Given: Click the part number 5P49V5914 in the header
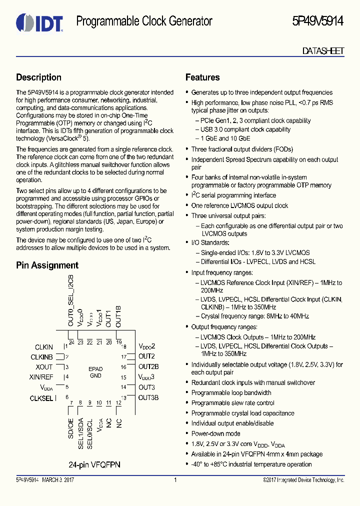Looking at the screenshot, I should click(318, 21).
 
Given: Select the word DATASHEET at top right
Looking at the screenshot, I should click(323, 51).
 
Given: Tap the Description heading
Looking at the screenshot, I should click(38, 77).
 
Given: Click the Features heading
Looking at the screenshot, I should click(202, 77).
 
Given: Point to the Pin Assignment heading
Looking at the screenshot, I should click(47, 265).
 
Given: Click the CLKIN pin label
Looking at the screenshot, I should click(44, 347).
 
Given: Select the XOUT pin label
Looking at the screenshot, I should click(44, 367).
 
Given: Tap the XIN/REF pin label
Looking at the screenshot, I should click(41, 377).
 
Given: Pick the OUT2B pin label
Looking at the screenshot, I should click(148, 366).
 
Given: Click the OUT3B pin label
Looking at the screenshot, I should click(148, 397).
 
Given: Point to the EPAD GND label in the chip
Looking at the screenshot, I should click(96, 371).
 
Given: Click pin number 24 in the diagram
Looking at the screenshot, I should click(71, 342).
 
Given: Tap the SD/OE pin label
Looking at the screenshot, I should click(71, 420).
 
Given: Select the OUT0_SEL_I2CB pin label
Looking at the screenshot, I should click(71, 300).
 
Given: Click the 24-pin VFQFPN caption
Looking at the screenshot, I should click(94, 464).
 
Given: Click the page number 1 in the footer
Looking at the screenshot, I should click(175, 480).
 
